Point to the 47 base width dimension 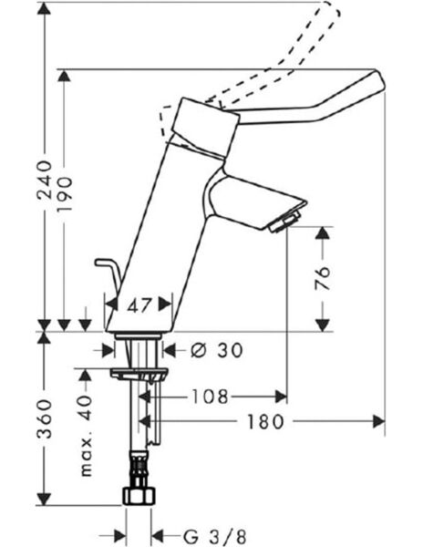tap(139, 306)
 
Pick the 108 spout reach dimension tap(211, 397)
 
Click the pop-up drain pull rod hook tap(102, 265)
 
